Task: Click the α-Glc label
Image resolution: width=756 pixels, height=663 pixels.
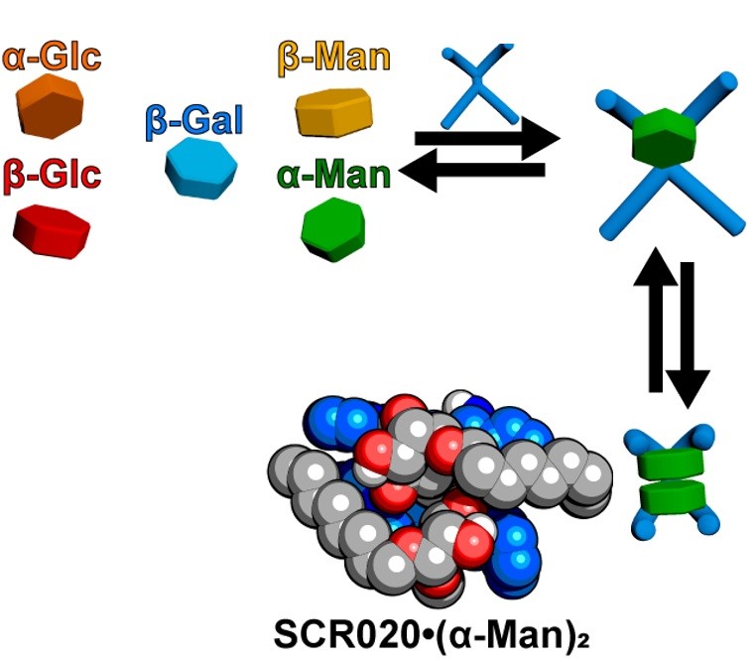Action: (52, 58)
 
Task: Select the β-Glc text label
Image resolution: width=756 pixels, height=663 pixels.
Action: (52, 176)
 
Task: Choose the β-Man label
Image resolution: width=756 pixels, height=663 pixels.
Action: (334, 57)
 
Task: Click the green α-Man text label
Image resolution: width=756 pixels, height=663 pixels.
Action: (334, 176)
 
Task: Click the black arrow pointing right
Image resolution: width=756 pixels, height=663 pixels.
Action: (486, 137)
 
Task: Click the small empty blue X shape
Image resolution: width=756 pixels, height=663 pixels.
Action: (478, 78)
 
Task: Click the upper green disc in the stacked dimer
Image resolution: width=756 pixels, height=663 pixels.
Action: (666, 464)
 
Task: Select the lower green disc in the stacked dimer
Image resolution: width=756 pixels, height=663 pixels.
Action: (666, 493)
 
